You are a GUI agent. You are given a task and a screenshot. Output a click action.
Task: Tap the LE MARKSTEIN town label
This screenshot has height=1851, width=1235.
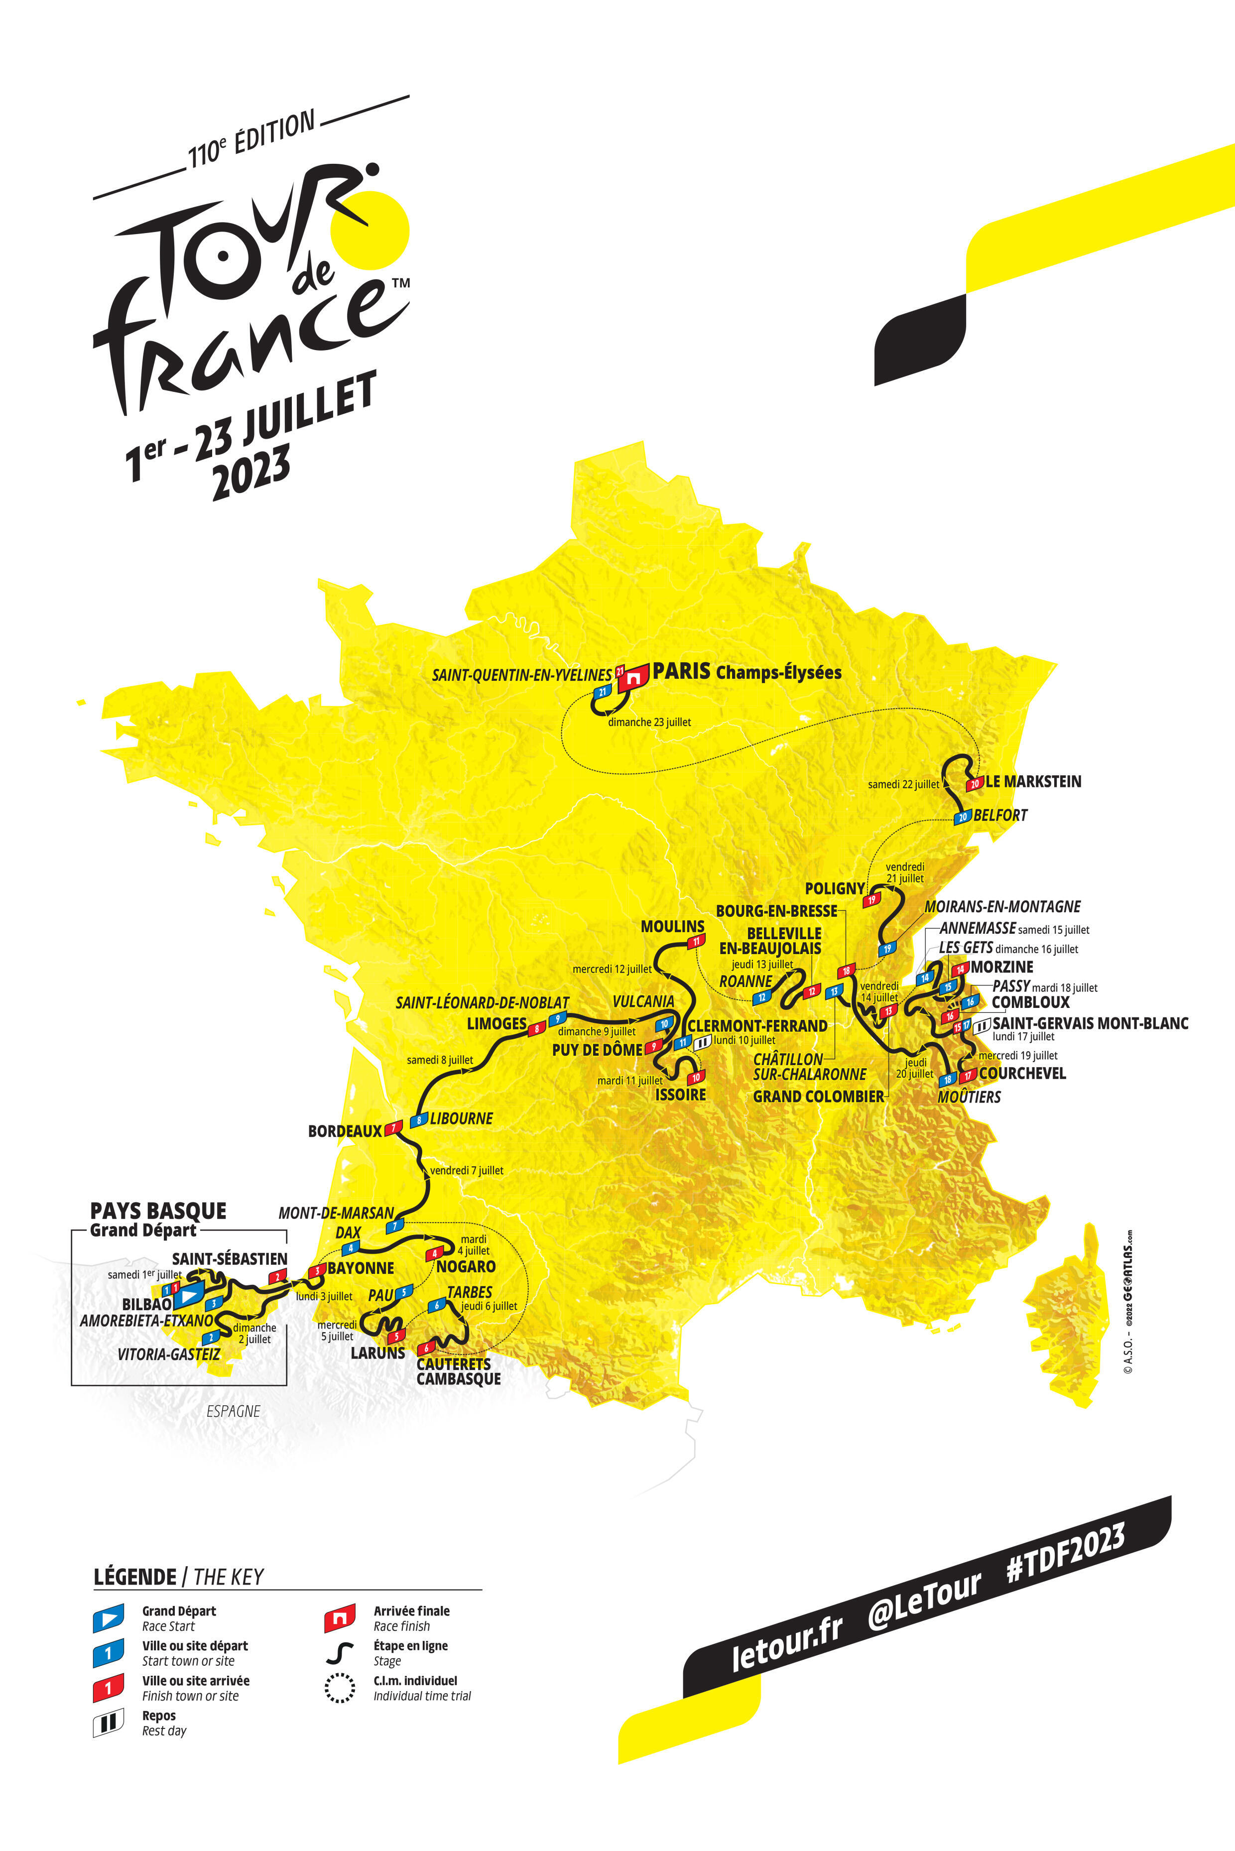coord(1033,781)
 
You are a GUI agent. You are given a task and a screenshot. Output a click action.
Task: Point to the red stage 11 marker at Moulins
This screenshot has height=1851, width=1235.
coord(696,941)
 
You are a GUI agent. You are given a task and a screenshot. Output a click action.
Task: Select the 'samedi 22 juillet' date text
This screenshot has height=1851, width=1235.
coord(903,784)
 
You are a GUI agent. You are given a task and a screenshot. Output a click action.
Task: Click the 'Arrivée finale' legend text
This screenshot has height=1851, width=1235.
coord(411,1611)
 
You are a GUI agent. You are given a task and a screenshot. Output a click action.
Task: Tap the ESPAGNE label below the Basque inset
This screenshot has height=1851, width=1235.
coord(233,1411)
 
